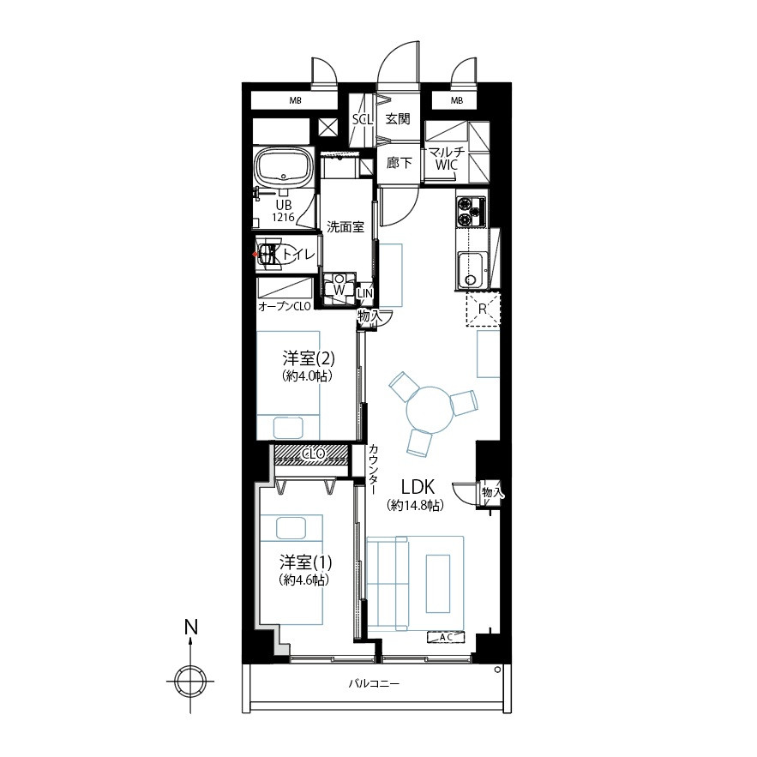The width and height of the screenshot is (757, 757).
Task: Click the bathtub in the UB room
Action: pyautogui.click(x=284, y=165)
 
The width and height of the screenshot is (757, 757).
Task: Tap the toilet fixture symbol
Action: pyautogui.click(x=270, y=254)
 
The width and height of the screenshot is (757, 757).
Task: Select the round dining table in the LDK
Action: pyautogui.click(x=429, y=410)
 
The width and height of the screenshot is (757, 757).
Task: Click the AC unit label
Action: pyautogui.click(x=446, y=637)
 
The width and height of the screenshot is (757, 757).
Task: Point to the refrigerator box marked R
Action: pyautogui.click(x=483, y=309)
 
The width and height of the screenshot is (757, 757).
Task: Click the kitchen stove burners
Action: pyautogui.click(x=471, y=213)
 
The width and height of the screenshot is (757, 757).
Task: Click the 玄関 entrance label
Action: pyautogui.click(x=398, y=119)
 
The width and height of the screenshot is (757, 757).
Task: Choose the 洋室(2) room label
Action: pyautogui.click(x=308, y=358)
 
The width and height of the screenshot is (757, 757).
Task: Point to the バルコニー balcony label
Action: pyautogui.click(x=374, y=683)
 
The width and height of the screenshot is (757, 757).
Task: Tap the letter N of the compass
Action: pyautogui.click(x=191, y=628)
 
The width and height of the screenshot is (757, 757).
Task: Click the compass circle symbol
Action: pyautogui.click(x=190, y=682)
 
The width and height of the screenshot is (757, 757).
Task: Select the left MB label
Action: pyautogui.click(x=295, y=101)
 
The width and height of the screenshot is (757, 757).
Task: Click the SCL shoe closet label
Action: pyautogui.click(x=363, y=119)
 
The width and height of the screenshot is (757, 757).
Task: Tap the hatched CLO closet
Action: pyautogui.click(x=311, y=454)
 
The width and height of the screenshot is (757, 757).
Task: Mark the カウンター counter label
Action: pyautogui.click(x=373, y=468)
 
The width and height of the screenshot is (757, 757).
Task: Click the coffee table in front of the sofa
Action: pyautogui.click(x=438, y=583)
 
